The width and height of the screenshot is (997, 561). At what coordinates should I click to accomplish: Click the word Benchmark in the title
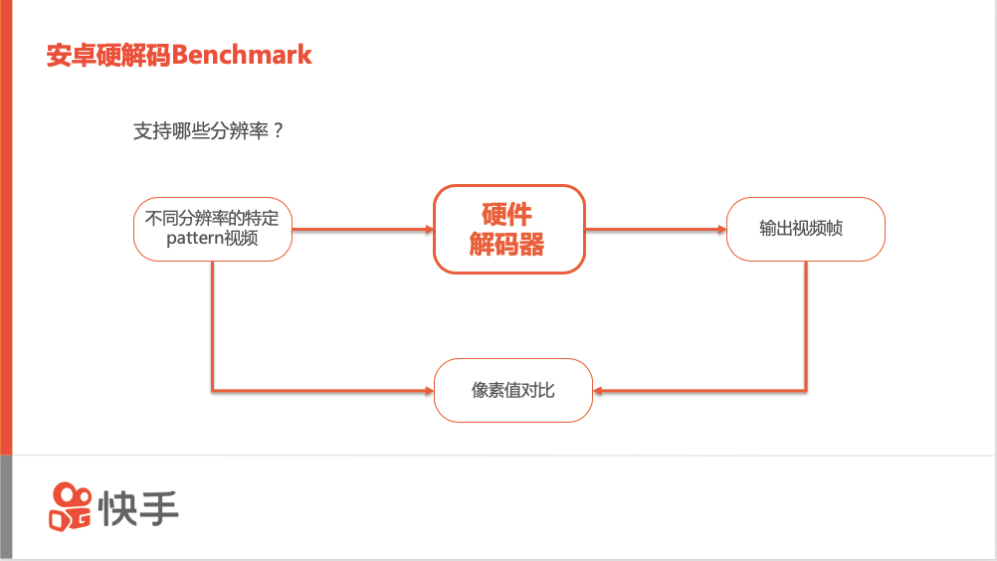242,55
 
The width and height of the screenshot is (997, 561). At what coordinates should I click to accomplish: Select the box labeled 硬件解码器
508,229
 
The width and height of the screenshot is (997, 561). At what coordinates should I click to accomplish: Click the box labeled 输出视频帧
805,229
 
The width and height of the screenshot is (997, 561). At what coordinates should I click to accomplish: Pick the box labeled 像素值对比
512,390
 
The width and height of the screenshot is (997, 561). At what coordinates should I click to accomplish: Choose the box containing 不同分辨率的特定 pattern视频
213,229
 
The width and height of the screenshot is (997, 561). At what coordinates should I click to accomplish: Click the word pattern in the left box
195,239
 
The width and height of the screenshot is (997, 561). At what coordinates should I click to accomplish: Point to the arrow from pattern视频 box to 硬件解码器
362,230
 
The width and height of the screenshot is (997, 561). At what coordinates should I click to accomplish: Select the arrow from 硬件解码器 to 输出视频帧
656,230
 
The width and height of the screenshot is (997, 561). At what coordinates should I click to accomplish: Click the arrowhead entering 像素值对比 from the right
600,390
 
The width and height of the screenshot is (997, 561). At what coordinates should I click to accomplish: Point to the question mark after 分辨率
278,131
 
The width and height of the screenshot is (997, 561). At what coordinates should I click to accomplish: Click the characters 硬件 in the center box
507,214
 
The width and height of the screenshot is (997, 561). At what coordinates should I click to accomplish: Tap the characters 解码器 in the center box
507,244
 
